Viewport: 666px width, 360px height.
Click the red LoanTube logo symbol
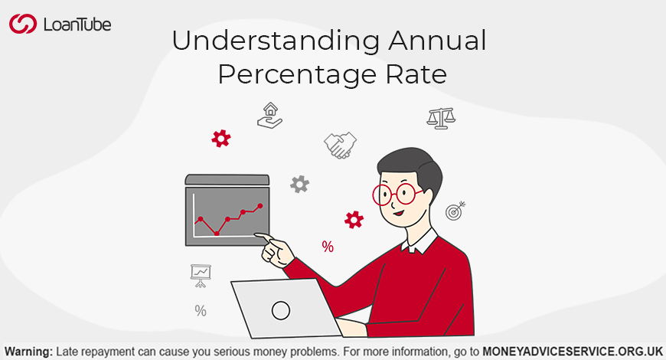(23, 24)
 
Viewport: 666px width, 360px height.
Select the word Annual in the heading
(437, 41)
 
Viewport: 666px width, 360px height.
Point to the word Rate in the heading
(416, 74)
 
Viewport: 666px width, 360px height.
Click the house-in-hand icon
(269, 115)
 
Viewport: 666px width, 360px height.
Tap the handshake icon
(340, 146)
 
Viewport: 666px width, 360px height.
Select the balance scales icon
(441, 118)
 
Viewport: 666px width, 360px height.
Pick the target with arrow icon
(455, 211)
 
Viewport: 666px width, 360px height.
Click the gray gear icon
(299, 185)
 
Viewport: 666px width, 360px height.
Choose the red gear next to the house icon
(221, 139)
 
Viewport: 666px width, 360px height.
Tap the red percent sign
(328, 247)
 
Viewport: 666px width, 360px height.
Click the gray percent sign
(201, 311)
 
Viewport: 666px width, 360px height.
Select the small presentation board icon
(201, 276)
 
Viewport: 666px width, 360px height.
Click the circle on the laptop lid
(281, 310)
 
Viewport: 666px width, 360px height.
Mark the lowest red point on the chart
(217, 234)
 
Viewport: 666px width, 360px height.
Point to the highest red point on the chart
(260, 206)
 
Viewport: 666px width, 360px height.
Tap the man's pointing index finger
(264, 237)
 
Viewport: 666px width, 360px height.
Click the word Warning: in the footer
(29, 352)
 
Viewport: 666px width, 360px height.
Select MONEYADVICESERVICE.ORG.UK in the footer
(573, 352)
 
